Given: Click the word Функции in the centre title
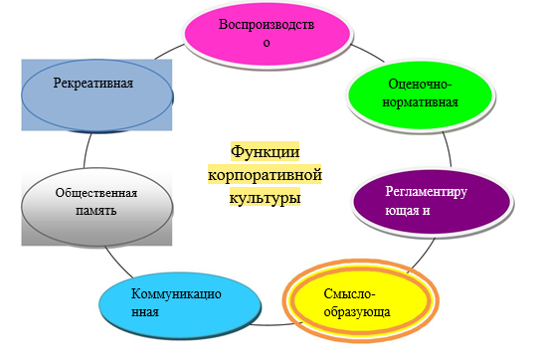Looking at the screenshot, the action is tap(266, 152).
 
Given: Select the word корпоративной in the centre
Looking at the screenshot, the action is tap(265, 174).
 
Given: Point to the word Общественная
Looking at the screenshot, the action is tap(96, 193).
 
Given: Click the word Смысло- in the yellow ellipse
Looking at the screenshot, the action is tap(351, 294).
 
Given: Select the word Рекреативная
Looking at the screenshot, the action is tap(94, 83).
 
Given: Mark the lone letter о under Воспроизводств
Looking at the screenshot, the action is tap(266, 42).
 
